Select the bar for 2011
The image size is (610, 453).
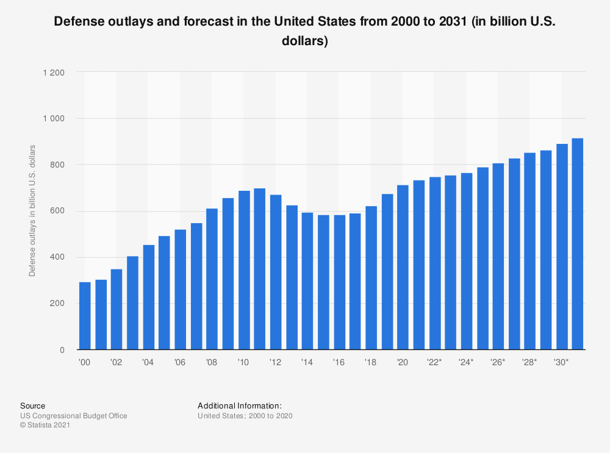click(x=259, y=269)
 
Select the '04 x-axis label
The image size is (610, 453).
click(x=148, y=362)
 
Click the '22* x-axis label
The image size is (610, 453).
click(x=434, y=362)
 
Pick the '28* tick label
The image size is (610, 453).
click(x=529, y=362)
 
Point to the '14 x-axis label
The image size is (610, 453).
click(x=307, y=362)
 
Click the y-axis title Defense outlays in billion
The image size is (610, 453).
click(x=32, y=211)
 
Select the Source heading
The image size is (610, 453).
click(x=32, y=405)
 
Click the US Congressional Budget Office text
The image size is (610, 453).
click(x=74, y=416)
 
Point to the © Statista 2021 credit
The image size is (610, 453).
click(x=45, y=426)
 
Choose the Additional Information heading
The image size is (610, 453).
click(x=239, y=405)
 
